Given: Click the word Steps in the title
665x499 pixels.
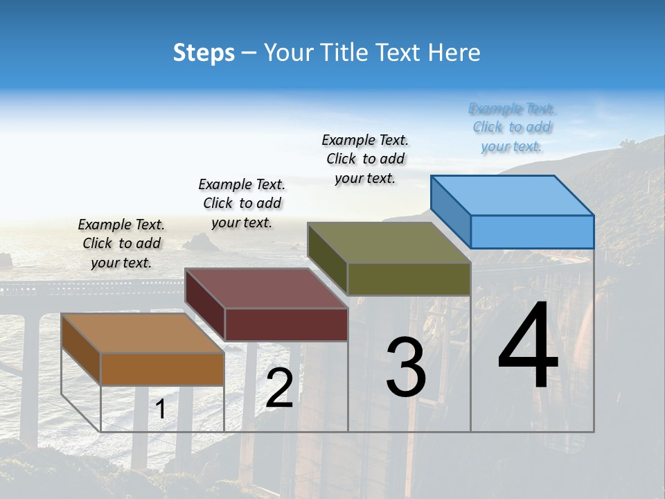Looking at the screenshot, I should pyautogui.click(x=204, y=53).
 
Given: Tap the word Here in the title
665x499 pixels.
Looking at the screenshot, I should pyautogui.click(x=454, y=53).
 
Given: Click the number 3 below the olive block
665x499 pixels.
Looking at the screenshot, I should pyautogui.click(x=406, y=367).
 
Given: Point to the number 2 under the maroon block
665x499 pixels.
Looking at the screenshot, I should pyautogui.click(x=279, y=388).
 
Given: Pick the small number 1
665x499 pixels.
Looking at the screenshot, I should pyautogui.click(x=161, y=410).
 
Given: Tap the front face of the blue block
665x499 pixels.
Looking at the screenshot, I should pyautogui.click(x=532, y=231).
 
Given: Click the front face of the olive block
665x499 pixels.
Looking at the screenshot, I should pyautogui.click(x=409, y=279).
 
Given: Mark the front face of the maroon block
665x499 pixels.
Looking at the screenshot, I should pyautogui.click(x=286, y=324).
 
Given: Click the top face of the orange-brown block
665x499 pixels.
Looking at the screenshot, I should pyautogui.click(x=143, y=333).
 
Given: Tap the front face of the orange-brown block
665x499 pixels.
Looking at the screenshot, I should pyautogui.click(x=162, y=369).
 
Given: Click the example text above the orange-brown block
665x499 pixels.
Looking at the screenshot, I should pyautogui.click(x=121, y=243).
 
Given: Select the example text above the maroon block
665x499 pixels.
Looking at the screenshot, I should pyautogui.click(x=242, y=203).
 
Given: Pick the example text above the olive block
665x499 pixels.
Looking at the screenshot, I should pyautogui.click(x=365, y=159).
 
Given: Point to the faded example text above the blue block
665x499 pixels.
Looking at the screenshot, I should pyautogui.click(x=512, y=128).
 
